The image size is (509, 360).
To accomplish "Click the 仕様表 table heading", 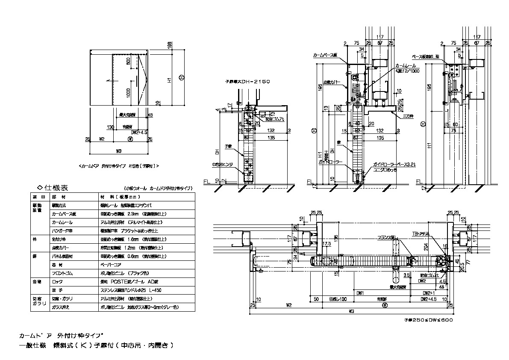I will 56,188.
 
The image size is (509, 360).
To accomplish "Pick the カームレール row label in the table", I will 62,222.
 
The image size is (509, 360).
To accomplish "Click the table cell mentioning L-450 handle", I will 130,290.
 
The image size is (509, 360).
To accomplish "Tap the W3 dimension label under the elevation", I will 120,150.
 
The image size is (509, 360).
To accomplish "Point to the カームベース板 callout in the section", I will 325,55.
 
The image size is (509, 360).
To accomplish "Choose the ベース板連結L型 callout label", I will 428,56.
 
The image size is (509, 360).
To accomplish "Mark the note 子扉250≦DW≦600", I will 428,319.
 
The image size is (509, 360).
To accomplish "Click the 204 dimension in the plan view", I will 434,247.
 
